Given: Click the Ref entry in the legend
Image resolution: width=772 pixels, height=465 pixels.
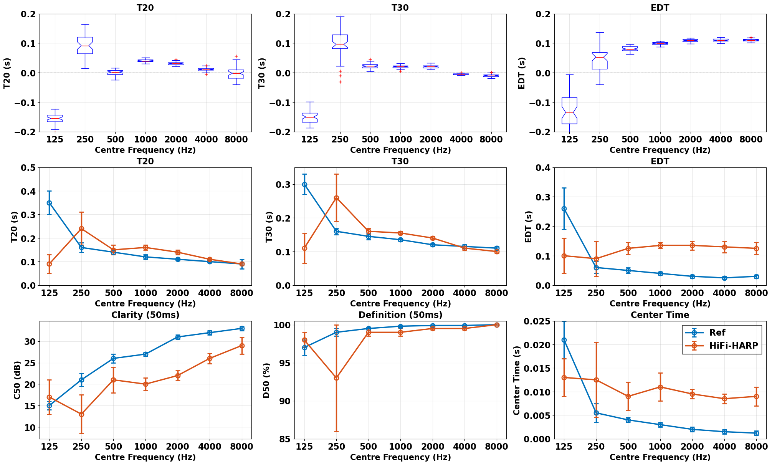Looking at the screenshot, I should click(717, 333).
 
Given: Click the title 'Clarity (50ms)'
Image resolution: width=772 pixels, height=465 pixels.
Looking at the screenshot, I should click(145, 315).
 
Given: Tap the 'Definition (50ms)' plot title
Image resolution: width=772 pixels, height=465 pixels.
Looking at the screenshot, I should click(400, 315).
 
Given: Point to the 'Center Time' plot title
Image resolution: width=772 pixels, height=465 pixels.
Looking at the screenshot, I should click(660, 315).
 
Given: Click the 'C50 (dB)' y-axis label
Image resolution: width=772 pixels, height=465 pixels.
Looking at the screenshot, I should click(17, 380).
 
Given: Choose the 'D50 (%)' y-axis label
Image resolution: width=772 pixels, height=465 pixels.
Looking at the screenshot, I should click(267, 380).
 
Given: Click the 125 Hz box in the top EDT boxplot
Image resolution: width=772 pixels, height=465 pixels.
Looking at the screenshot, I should click(569, 111).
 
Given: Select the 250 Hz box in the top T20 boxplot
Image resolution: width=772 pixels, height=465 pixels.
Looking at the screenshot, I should click(85, 45).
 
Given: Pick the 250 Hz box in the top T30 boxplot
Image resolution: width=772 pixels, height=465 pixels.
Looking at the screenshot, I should click(340, 41).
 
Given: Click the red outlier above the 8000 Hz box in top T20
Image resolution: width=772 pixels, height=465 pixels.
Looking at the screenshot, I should click(236, 56).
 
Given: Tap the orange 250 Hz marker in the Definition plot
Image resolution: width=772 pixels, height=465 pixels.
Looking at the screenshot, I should click(336, 378).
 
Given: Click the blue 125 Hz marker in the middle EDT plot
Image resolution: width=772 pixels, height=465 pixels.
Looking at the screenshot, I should click(564, 209).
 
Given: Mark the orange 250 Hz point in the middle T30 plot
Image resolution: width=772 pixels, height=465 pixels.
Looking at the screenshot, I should click(336, 198).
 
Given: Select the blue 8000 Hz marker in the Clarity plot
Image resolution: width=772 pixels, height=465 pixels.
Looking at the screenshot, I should click(242, 329).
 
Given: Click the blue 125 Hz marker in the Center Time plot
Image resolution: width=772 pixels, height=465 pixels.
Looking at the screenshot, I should click(564, 340).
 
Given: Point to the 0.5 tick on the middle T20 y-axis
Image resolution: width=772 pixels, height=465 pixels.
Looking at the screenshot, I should click(30, 168).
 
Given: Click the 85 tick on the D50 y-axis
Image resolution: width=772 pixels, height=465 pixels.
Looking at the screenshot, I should click(284, 439).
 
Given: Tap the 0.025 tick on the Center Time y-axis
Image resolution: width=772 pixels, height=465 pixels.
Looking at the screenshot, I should click(536, 321).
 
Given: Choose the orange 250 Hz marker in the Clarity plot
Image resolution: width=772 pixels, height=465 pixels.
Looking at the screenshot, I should click(81, 414).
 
